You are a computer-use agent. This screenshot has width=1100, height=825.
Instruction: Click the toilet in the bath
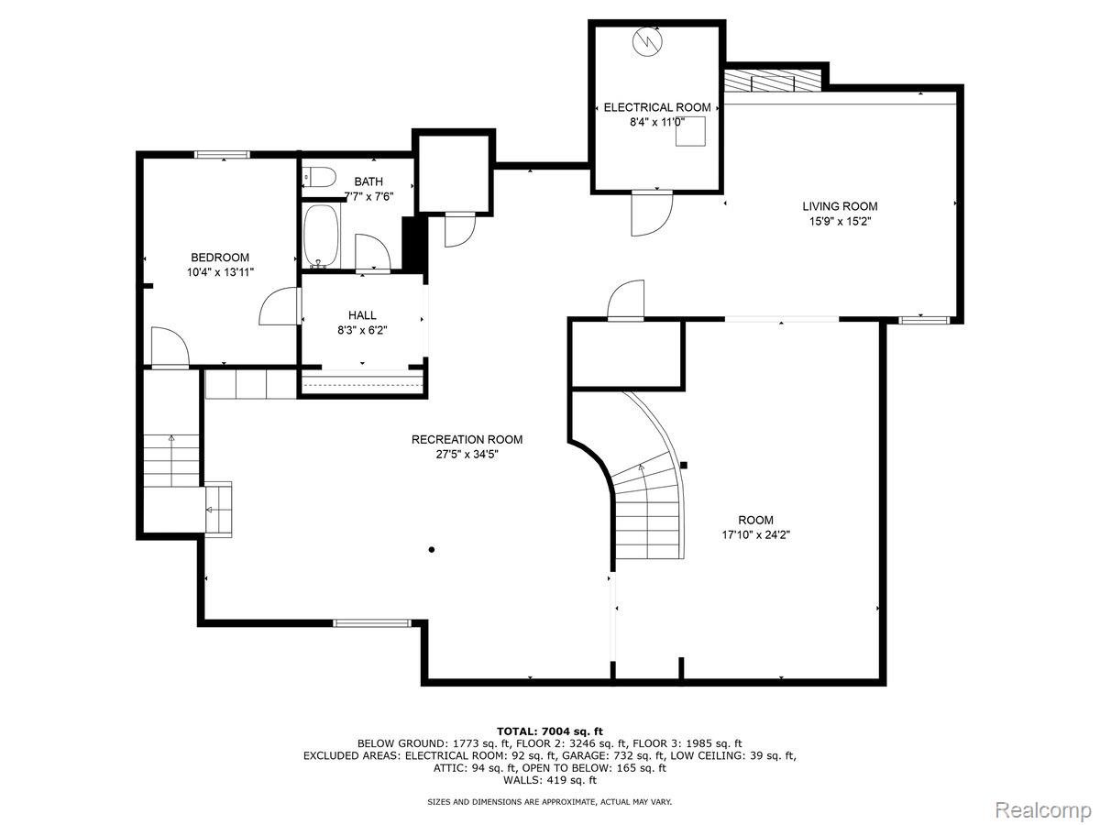coord(315,177)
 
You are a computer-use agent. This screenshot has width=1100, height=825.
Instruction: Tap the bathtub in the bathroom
coord(320,236)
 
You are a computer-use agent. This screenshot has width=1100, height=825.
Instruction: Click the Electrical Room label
coord(656,107)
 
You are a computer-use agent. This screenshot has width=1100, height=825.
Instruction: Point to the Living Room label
coord(840,206)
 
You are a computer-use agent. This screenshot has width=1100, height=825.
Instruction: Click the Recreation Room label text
coord(467,439)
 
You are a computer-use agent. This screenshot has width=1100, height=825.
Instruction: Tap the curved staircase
coord(649,495)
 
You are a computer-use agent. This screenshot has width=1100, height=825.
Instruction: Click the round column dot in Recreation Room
coord(431,550)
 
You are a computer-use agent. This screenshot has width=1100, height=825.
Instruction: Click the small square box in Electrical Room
coord(690,132)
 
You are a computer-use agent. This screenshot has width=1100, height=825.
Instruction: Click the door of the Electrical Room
coord(650,213)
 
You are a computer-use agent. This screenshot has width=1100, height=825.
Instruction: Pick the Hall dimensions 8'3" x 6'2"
coord(362,330)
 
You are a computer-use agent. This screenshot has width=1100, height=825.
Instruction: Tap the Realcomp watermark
coord(1042,810)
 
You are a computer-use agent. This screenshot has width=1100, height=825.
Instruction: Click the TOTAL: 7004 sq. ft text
coord(549,730)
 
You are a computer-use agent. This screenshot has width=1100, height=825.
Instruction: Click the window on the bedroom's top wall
coord(222,155)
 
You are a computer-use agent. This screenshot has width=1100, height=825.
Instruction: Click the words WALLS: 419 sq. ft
coord(549,780)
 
